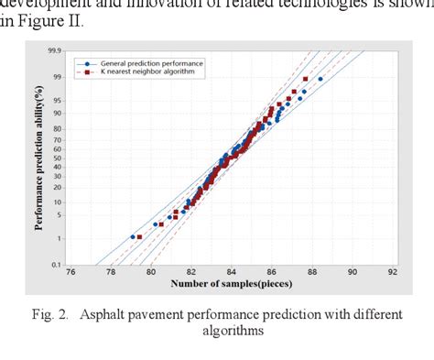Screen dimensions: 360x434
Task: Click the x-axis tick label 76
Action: (x=71, y=272)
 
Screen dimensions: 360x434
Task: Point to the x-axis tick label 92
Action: (x=393, y=272)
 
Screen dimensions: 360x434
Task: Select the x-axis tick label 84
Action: (x=232, y=272)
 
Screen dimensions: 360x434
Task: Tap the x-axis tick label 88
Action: (x=312, y=272)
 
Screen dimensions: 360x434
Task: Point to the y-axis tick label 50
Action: (x=59, y=157)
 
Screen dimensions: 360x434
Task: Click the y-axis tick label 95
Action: (x=59, y=101)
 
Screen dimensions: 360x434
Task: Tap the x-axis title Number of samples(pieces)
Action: (x=230, y=286)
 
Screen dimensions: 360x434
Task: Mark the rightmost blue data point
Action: (x=320, y=79)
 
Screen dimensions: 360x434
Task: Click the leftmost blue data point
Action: (x=133, y=237)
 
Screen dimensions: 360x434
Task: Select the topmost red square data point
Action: (x=305, y=79)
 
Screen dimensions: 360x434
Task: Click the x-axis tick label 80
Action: (x=151, y=272)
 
